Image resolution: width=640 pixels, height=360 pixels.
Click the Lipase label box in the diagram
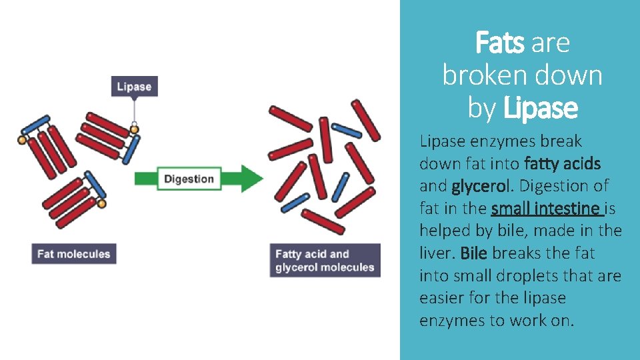coord(134,86)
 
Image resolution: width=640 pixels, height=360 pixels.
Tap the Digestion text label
coord(189,179)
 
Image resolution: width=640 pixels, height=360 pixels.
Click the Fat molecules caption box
coord(73,253)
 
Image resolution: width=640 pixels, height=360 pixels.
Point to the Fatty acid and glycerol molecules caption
coord(325,261)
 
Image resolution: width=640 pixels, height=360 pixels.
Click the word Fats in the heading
coord(500,43)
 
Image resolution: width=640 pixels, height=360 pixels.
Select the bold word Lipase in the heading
coord(541,107)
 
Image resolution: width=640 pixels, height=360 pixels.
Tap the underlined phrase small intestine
coord(547,209)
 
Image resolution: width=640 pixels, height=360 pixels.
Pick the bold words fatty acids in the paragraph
coord(563,163)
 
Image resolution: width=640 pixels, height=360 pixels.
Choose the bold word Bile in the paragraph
coord(473,253)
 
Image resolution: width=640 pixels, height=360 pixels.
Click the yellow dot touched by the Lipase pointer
coord(134,129)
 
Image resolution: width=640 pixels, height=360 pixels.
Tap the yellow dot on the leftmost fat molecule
coord(22,140)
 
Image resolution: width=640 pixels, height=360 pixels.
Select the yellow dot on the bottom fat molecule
coord(101,201)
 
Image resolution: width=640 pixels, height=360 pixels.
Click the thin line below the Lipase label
coord(134,111)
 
